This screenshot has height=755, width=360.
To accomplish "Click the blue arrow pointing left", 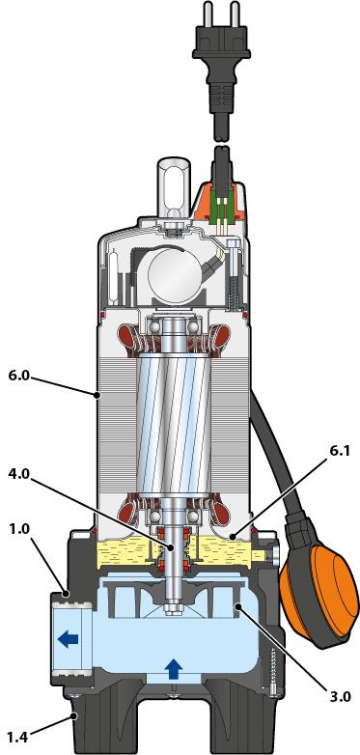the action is click(x=68, y=639).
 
